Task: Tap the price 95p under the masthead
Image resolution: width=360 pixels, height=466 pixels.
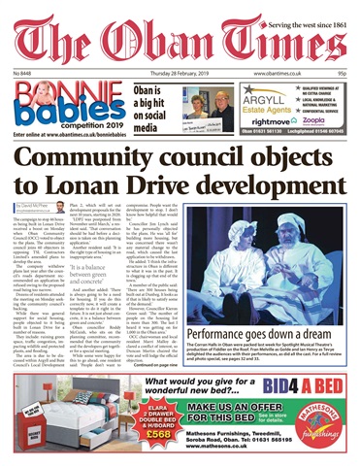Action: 344,73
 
